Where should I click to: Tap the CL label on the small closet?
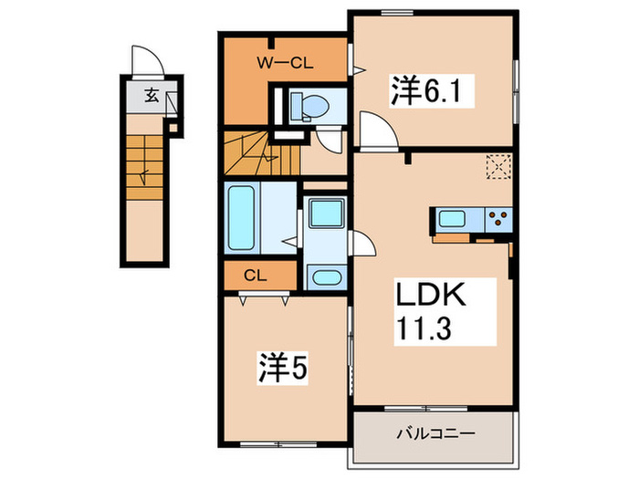coord(255,274)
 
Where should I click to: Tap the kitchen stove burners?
coord(498,218)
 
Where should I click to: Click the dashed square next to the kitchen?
coord(498,166)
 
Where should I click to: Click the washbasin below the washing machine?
coord(323,276)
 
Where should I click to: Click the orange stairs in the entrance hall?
coord(144,161)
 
